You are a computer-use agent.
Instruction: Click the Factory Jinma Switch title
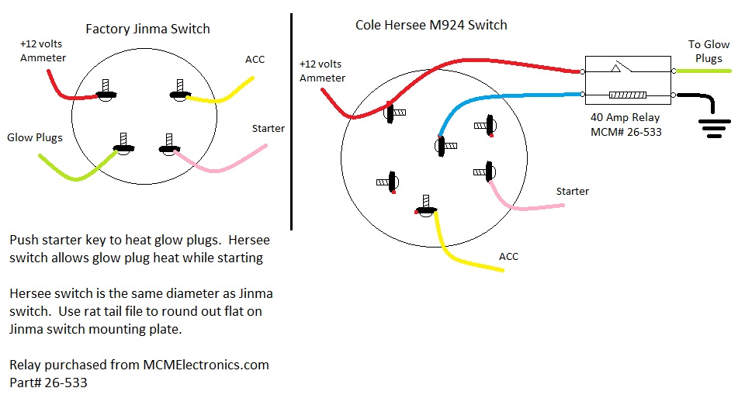pyautogui.click(x=147, y=29)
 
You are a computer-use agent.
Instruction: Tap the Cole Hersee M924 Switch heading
pyautogui.click(x=431, y=25)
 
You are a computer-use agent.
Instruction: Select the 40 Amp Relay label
pyautogui.click(x=625, y=118)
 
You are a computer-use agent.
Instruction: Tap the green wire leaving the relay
pyautogui.click(x=703, y=71)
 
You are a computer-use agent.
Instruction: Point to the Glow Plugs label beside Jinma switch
pyautogui.click(x=35, y=137)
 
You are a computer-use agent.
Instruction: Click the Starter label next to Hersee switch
pyautogui.click(x=572, y=191)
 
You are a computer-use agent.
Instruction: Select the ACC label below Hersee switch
pyautogui.click(x=508, y=256)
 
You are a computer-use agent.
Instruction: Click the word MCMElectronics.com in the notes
pyautogui.click(x=206, y=365)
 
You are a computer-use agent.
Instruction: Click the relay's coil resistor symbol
pyautogui.click(x=629, y=95)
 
